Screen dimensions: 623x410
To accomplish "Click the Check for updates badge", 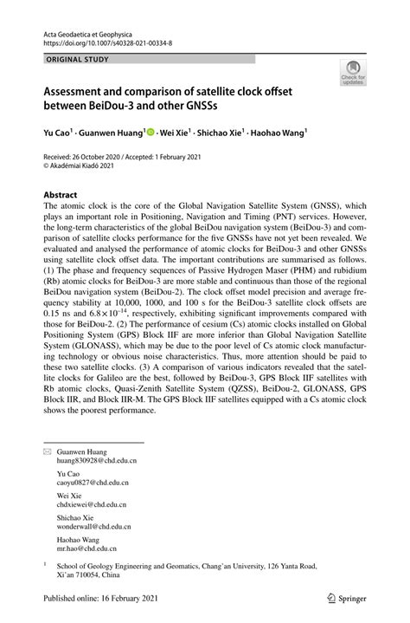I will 353,74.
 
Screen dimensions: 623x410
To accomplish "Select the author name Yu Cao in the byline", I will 57,133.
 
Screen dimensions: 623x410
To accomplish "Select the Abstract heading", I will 61,195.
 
